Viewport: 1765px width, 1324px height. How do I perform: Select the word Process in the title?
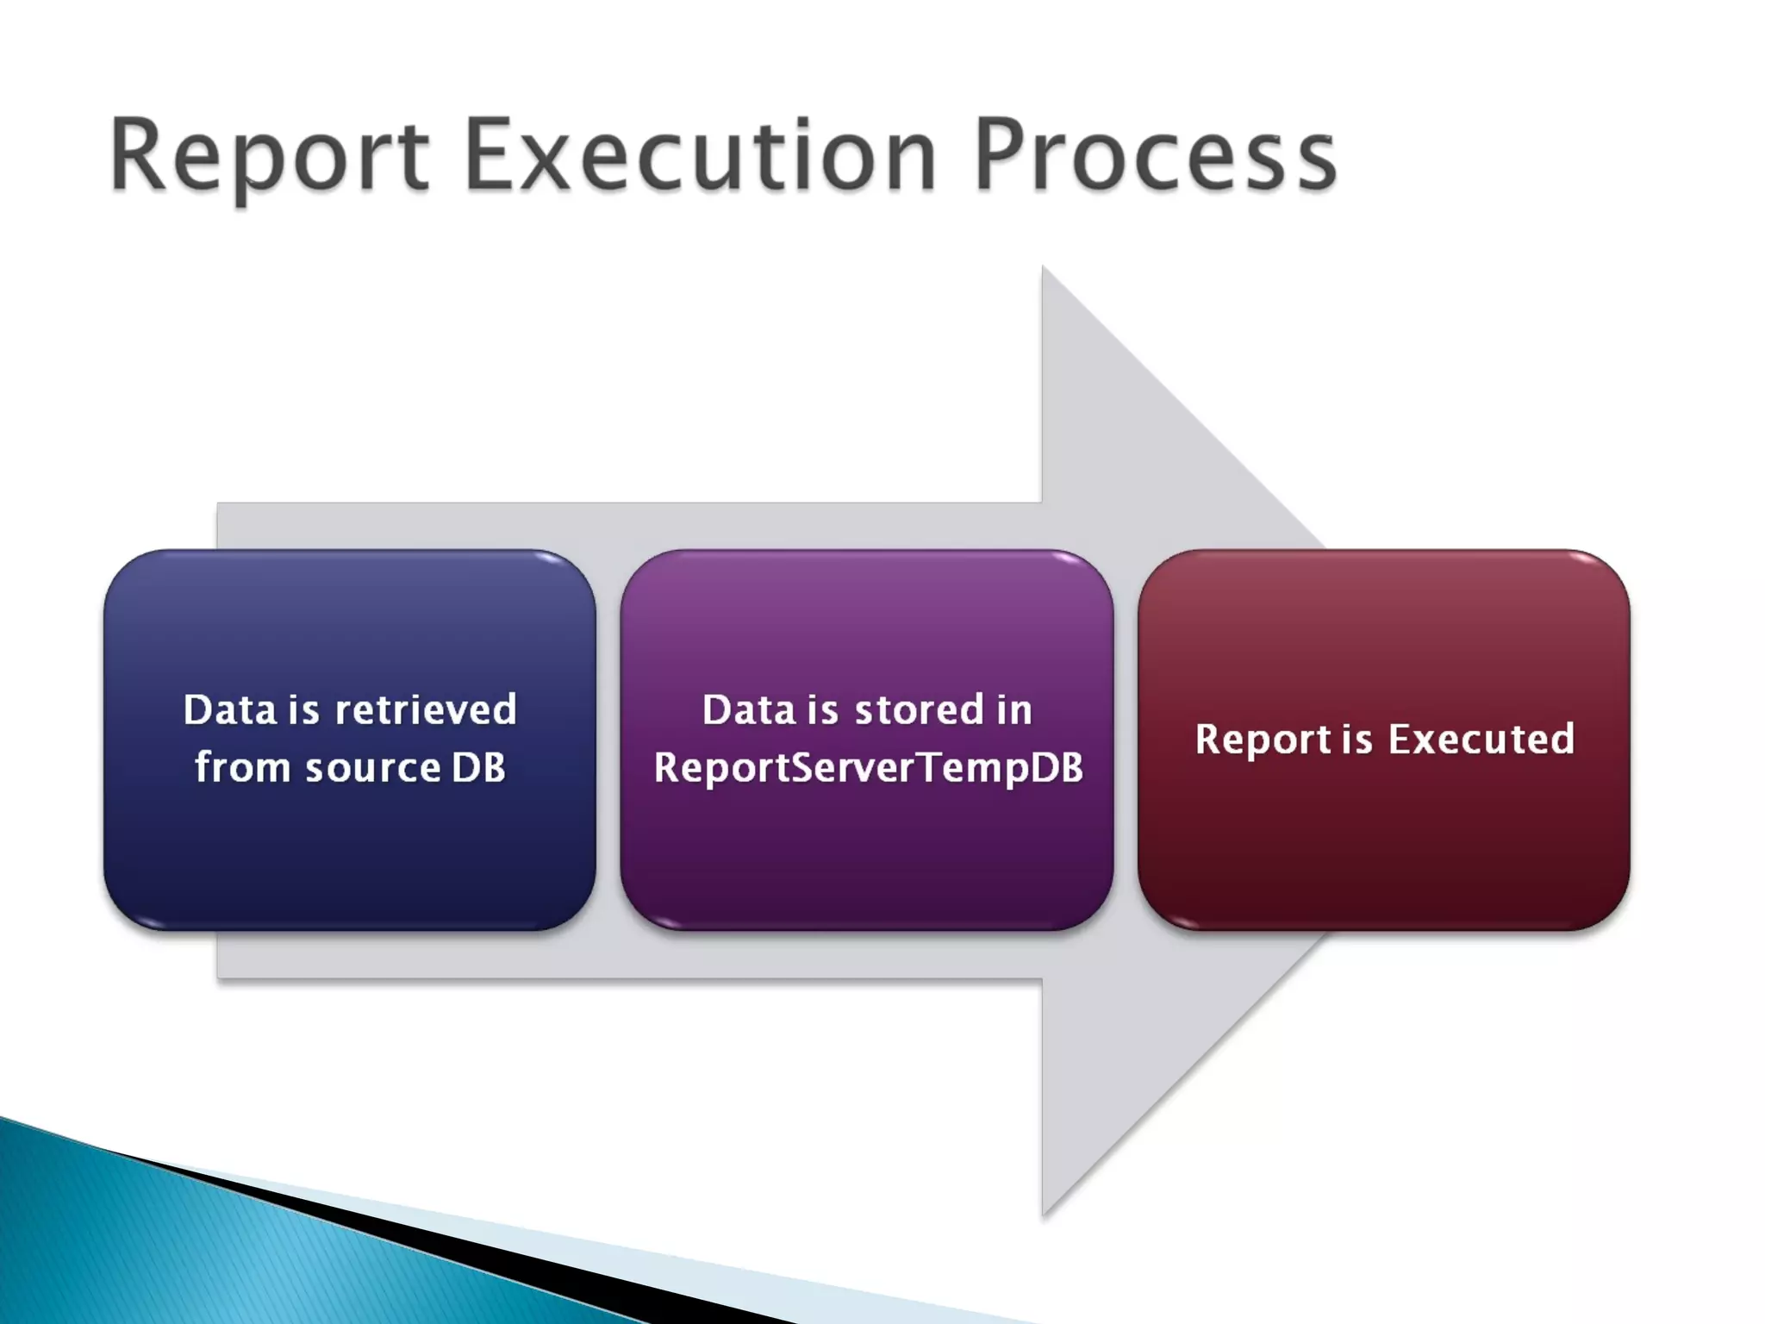(1155, 157)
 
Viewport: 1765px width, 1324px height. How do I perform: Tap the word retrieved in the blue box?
(426, 710)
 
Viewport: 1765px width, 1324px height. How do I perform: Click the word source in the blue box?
(373, 768)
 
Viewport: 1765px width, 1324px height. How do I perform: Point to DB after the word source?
(478, 767)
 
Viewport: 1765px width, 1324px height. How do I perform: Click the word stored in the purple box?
(919, 710)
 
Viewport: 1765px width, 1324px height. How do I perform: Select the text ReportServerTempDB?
(868, 768)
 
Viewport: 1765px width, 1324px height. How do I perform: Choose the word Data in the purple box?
(748, 710)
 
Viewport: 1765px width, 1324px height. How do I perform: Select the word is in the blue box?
(304, 710)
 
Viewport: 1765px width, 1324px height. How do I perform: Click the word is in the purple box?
(822, 710)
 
